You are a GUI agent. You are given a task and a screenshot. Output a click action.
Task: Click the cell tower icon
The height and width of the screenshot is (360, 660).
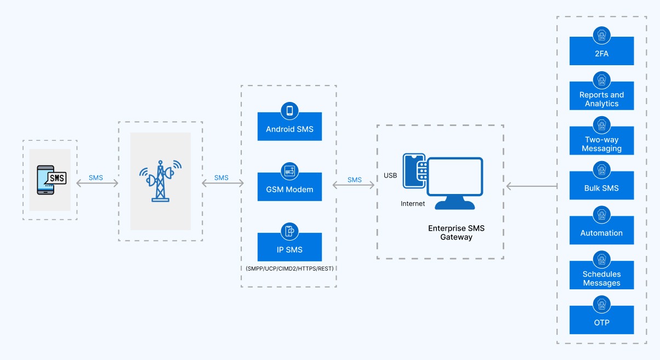pyautogui.click(x=160, y=181)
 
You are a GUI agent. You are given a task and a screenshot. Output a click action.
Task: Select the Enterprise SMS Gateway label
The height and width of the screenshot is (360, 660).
pyautogui.click(x=456, y=232)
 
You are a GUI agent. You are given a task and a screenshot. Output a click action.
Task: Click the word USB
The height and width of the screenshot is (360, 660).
pyautogui.click(x=390, y=176)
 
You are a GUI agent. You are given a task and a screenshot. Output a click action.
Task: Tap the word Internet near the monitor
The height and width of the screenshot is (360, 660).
pyautogui.click(x=412, y=204)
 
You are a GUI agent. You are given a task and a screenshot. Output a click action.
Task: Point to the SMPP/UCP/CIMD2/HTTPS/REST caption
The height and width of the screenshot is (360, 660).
pyautogui.click(x=289, y=268)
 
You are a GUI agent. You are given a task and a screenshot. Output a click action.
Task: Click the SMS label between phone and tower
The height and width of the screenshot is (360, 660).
pyautogui.click(x=96, y=178)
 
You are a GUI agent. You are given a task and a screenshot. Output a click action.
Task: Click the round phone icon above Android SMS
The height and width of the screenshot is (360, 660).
pyautogui.click(x=289, y=111)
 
